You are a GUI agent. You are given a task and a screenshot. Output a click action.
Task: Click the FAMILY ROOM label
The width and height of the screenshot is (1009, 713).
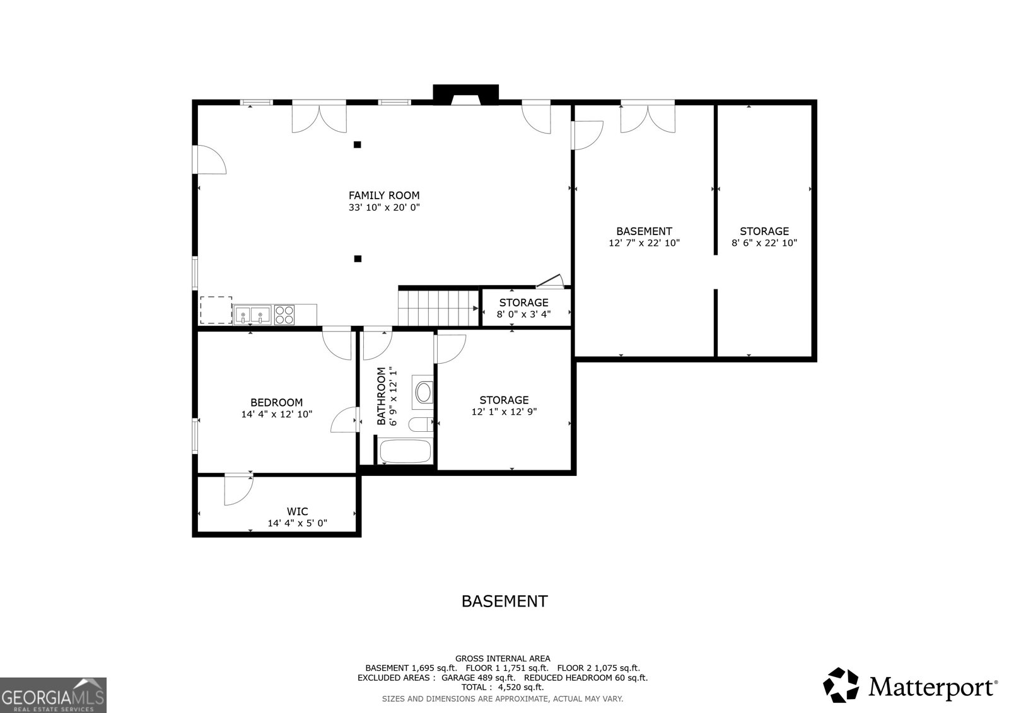point(384,195)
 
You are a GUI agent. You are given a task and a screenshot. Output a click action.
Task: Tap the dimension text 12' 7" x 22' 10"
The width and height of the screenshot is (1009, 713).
point(644,243)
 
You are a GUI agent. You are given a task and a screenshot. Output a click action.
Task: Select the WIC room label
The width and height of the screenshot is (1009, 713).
point(297,511)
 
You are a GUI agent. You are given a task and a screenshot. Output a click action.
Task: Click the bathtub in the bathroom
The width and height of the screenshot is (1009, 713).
point(404,452)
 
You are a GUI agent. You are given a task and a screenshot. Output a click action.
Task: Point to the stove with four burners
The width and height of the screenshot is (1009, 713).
point(284,315)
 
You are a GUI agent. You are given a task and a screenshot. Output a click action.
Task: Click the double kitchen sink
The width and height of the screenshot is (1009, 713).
point(252,314)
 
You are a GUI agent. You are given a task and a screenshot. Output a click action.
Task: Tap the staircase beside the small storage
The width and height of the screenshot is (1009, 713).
point(438,308)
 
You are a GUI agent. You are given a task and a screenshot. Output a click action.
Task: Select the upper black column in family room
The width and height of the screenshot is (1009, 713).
point(357,144)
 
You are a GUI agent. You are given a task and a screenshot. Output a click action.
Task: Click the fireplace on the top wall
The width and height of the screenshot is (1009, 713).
point(465,95)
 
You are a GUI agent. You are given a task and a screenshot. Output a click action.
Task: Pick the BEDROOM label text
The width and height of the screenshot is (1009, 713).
point(276,402)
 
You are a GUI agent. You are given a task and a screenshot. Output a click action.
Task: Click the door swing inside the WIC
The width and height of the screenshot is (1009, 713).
point(238,490)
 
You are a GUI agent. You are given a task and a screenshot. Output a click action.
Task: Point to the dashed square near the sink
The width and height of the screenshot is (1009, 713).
point(216,310)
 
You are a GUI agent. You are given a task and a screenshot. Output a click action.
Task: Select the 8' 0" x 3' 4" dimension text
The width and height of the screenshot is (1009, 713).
point(523,314)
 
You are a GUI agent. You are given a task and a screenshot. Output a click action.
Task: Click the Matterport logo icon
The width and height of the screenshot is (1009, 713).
point(841,685)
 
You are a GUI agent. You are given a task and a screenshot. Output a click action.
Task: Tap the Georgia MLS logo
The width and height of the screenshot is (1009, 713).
point(53,695)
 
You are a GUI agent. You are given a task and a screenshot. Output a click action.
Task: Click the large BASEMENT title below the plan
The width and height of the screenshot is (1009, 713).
point(504,601)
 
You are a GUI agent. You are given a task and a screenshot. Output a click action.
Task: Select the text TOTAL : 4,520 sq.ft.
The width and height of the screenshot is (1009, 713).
point(502,687)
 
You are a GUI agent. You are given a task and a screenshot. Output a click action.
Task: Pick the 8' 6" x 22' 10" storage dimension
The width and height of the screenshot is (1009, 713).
point(764,243)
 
